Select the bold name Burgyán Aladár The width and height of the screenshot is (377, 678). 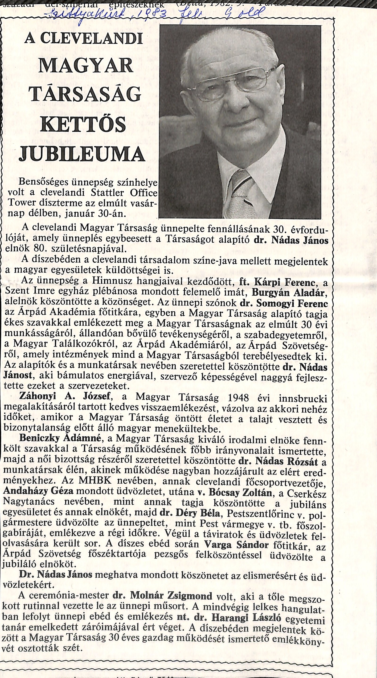tap(290, 292)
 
